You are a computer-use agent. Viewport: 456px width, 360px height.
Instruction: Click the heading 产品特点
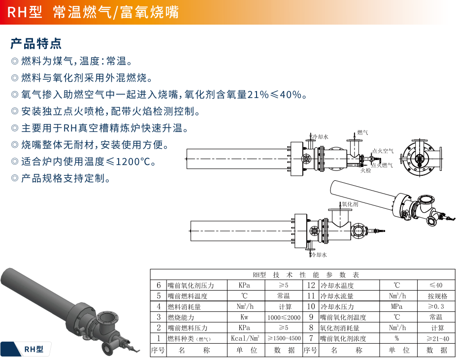[x=36, y=43]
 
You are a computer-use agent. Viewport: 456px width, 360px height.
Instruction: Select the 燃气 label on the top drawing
[x=362, y=132]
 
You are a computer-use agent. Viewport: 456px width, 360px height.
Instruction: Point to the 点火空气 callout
[x=382, y=151]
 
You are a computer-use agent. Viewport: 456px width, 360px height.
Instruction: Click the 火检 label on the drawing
[x=365, y=170]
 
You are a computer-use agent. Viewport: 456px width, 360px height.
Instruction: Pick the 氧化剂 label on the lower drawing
[x=349, y=203]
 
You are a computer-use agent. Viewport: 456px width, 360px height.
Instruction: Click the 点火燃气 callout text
[x=382, y=165]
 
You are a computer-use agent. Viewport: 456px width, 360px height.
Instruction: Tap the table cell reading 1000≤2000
[x=284, y=318]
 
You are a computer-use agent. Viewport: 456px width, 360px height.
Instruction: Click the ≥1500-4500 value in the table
[x=284, y=338]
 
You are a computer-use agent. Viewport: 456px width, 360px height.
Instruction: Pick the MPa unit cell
[x=397, y=307]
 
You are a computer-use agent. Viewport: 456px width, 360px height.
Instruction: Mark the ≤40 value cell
[x=436, y=285]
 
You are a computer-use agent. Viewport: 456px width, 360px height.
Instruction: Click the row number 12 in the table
[x=311, y=285]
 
